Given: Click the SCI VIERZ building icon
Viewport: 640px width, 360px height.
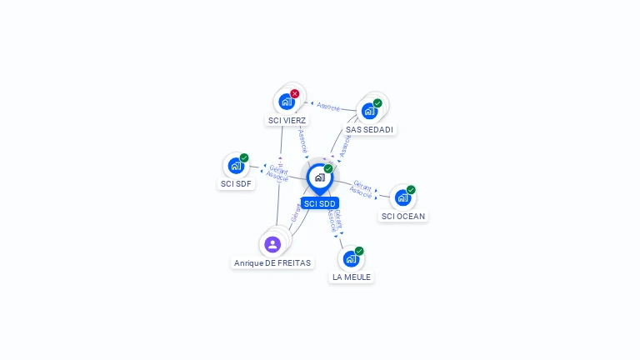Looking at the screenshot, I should [287, 102].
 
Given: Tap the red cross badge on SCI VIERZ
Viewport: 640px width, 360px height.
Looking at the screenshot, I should [295, 94].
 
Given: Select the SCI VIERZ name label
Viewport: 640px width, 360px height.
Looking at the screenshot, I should [287, 120].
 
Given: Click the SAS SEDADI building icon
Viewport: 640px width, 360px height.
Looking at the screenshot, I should [369, 111].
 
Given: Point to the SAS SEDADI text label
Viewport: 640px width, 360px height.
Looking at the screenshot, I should [369, 129].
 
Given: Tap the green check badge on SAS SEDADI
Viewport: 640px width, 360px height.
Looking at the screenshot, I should [377, 103].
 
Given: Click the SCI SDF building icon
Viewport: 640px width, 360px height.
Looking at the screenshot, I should [236, 165].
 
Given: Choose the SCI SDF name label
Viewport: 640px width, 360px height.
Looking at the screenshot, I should [236, 183].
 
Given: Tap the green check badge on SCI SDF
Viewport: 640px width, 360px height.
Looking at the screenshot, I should [244, 157].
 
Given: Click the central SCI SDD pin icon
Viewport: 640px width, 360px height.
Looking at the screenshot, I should [319, 177].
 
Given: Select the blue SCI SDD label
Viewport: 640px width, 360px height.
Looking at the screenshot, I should [319, 203].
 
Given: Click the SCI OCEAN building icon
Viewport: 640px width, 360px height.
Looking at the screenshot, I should [402, 197].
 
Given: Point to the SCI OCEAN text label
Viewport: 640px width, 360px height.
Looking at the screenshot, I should [402, 216].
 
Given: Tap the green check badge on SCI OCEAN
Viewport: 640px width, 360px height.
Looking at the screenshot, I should [411, 190].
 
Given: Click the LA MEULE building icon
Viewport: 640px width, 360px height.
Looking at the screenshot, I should [351, 258].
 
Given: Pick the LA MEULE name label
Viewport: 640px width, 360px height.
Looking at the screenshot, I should [351, 277].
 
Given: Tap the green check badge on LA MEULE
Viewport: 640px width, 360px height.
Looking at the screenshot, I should [359, 251].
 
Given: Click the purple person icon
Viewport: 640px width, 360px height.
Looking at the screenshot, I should [272, 244].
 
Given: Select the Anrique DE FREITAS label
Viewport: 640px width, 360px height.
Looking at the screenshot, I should [272, 262].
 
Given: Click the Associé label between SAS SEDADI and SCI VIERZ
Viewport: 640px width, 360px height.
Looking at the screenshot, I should [328, 107].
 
